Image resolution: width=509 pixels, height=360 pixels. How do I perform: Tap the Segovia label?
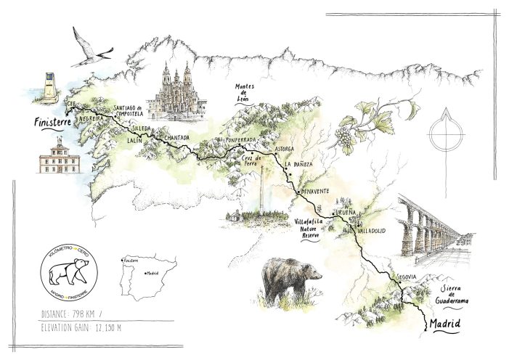pyautogui.click(x=407, y=277)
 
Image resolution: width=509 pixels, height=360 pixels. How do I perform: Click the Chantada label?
pyautogui.click(x=176, y=137)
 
